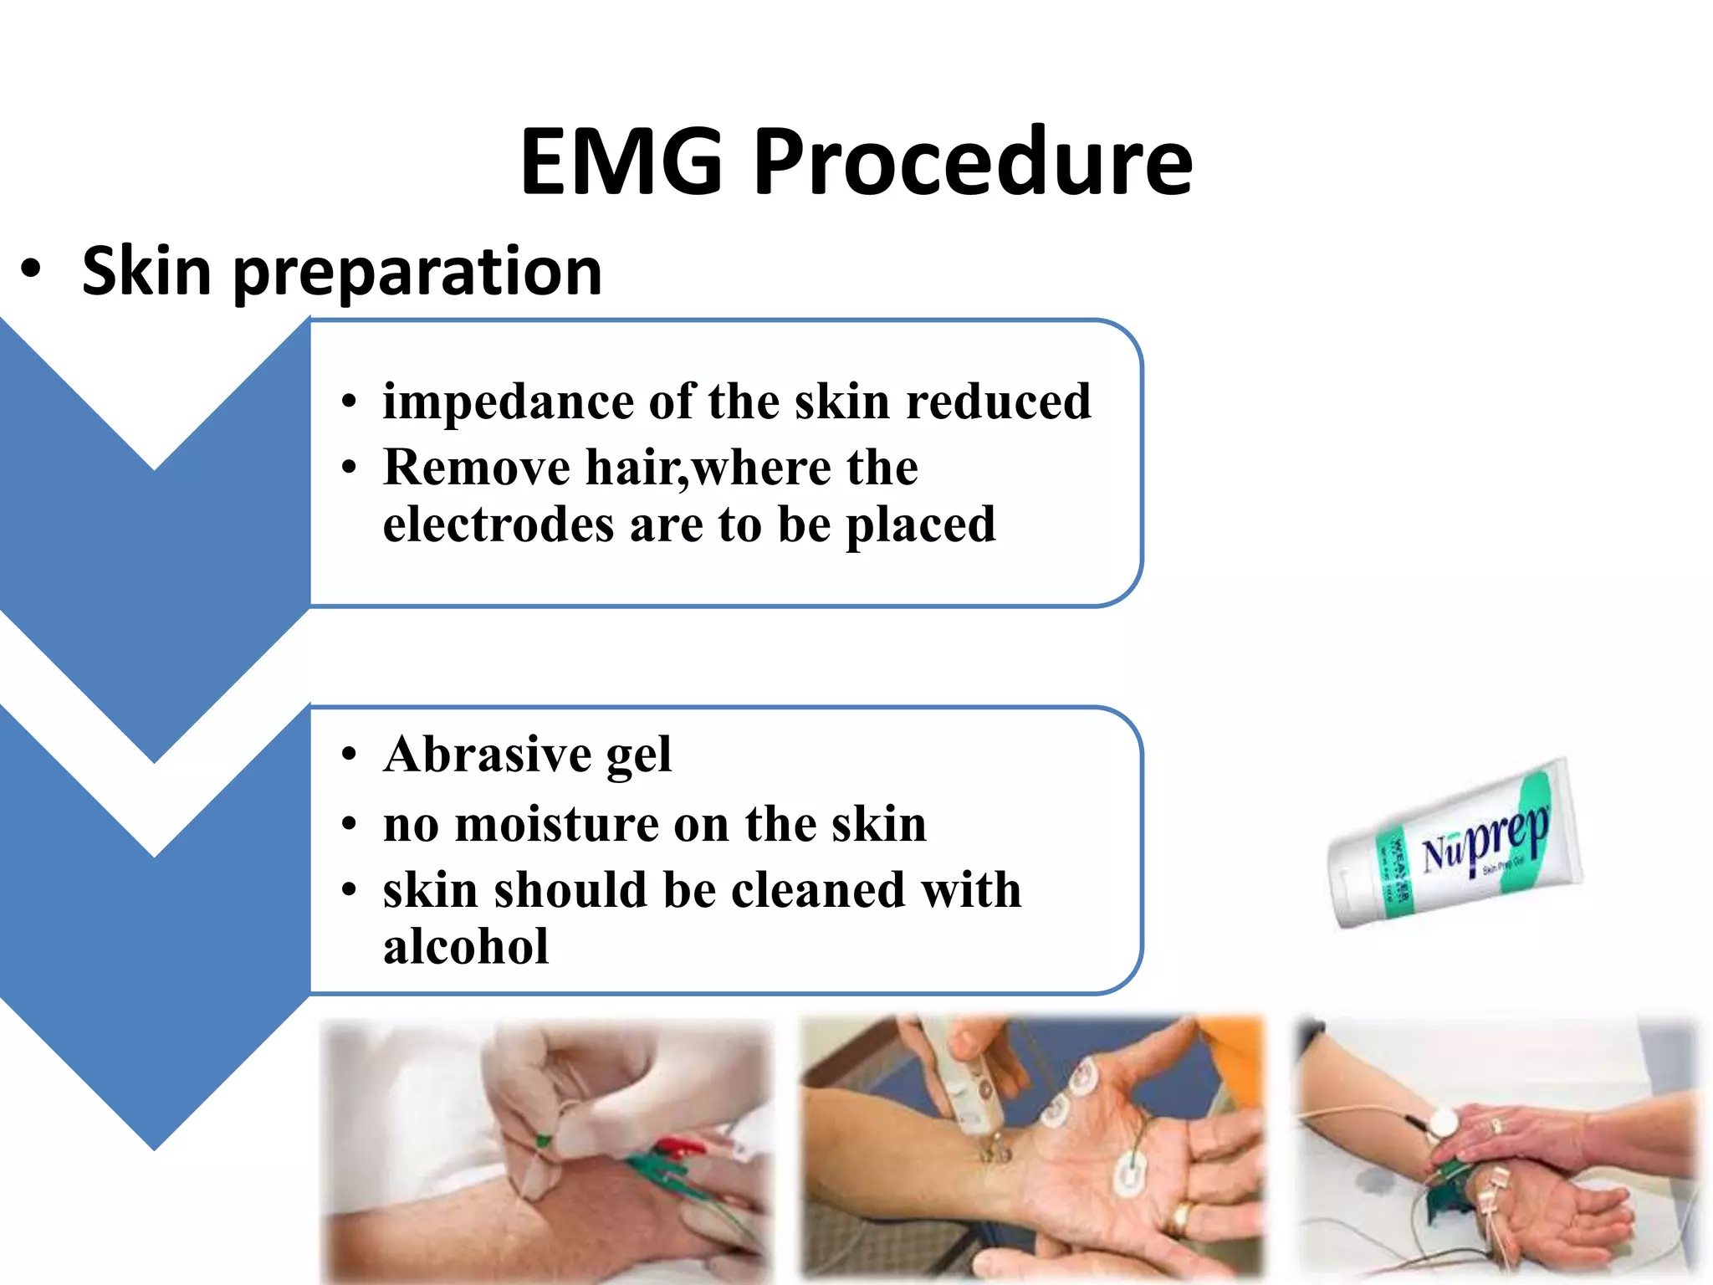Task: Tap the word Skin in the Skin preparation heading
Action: click(146, 271)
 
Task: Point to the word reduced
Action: click(999, 402)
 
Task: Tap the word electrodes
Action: click(499, 525)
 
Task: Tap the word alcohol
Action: click(466, 947)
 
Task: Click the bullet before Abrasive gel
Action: click(350, 755)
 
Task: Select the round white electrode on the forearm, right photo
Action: click(1442, 1121)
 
